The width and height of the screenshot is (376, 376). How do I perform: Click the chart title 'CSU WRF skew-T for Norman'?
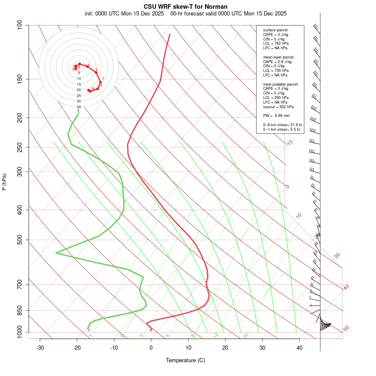[x=185, y=7]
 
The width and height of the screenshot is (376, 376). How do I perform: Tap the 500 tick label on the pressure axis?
[x=20, y=240]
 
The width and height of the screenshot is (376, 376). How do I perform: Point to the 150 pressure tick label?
[x=20, y=79]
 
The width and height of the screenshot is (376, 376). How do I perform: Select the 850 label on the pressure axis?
[x=20, y=310]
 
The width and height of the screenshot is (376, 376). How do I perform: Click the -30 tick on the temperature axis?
[x=40, y=348]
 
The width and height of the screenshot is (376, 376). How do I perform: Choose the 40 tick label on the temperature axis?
[x=300, y=348]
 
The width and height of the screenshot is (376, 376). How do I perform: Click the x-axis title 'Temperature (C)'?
[x=185, y=360]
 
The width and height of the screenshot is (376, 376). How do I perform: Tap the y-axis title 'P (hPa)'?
[x=4, y=182]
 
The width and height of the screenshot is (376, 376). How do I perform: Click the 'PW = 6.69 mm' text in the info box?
[x=276, y=116]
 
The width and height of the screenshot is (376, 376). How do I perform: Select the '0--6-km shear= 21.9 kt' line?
[x=282, y=125]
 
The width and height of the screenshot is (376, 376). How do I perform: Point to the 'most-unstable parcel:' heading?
[x=281, y=84]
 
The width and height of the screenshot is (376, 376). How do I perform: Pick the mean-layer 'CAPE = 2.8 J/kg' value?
[x=277, y=61]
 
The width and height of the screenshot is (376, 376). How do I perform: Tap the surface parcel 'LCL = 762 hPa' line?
[x=276, y=43]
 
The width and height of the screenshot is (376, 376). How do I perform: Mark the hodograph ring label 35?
[x=79, y=107]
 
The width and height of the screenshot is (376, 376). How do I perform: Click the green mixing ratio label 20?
[x=246, y=335]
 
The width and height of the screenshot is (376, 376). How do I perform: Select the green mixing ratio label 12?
[x=216, y=335]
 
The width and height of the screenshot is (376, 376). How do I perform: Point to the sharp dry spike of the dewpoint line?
[x=56, y=253]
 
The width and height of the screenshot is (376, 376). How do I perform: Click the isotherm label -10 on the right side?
[x=289, y=143]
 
